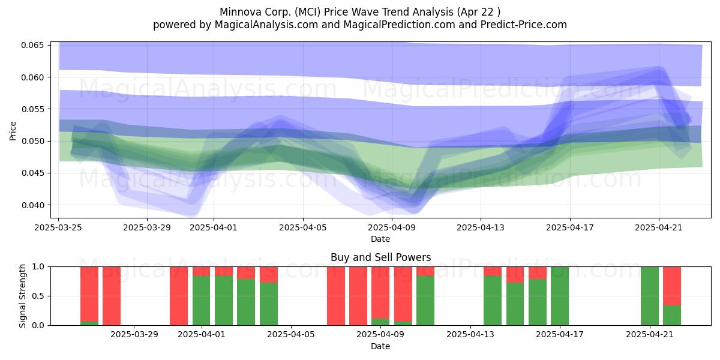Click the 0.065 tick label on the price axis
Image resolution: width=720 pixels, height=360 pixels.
click(32, 45)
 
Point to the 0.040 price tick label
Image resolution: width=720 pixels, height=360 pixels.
click(32, 205)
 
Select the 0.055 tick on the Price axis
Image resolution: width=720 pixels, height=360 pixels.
click(32, 109)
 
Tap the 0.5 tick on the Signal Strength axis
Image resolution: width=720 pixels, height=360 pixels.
click(38, 296)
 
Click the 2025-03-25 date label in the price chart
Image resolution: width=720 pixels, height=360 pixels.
click(58, 227)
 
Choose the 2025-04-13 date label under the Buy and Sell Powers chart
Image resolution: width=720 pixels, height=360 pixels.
click(470, 334)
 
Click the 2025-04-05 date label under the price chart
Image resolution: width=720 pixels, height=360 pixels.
click(303, 227)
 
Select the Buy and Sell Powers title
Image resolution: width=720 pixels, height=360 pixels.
click(380, 257)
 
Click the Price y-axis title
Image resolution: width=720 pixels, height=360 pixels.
click(13, 131)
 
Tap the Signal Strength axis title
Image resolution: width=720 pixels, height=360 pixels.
click(22, 296)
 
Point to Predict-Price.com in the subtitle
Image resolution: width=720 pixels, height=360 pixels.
click(524, 25)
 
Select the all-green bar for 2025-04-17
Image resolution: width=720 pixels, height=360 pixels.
click(560, 296)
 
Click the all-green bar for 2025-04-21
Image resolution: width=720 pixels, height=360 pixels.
click(650, 296)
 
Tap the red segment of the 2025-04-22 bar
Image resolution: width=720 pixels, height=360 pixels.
click(672, 286)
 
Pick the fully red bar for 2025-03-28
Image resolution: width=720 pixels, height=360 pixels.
click(112, 296)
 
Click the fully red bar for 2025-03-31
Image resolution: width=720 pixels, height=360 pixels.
click(179, 296)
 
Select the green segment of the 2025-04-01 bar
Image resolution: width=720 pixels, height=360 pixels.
click(201, 301)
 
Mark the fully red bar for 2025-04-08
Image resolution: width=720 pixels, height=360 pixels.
click(358, 296)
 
